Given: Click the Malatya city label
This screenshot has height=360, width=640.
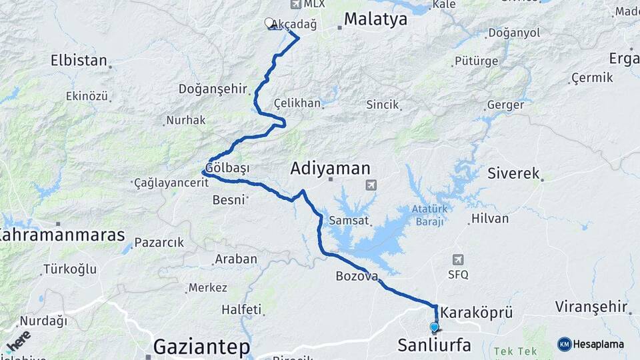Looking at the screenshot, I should (377, 19).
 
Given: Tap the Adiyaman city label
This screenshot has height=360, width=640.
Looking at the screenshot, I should (330, 169).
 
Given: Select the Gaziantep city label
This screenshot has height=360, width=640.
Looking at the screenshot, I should (202, 347).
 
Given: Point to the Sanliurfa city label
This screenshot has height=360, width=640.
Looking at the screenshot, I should (434, 345).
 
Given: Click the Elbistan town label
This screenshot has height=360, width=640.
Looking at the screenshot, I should (79, 61).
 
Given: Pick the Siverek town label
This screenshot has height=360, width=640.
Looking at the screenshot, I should (513, 173).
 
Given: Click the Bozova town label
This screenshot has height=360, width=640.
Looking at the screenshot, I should (357, 276).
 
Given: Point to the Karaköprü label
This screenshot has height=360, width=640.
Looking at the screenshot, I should (477, 312).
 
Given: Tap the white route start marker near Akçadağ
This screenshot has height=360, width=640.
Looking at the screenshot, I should (269, 23).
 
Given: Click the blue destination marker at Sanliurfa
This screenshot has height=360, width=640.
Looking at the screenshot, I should (435, 327).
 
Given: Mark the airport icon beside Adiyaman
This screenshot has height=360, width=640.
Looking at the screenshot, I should (371, 185).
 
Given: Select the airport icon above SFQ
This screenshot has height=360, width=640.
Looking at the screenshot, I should (458, 259).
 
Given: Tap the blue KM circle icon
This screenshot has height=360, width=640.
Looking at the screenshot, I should (565, 344).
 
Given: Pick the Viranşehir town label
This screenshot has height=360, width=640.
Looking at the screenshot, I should (591, 307).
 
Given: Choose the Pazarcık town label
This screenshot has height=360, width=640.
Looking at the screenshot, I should (159, 242).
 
